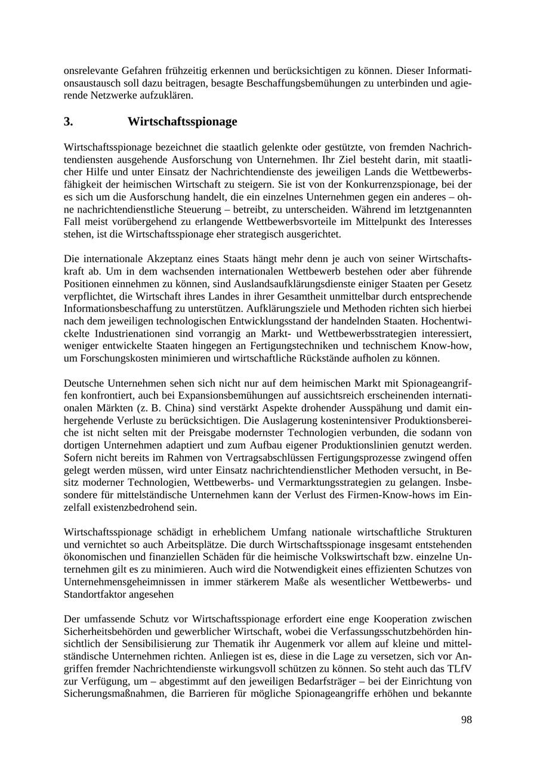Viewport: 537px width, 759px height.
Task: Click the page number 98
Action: point(466,720)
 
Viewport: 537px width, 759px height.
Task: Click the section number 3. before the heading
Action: point(68,122)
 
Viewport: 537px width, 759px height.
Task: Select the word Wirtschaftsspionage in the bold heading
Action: point(182,122)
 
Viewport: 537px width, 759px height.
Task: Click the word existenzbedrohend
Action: point(140,508)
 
